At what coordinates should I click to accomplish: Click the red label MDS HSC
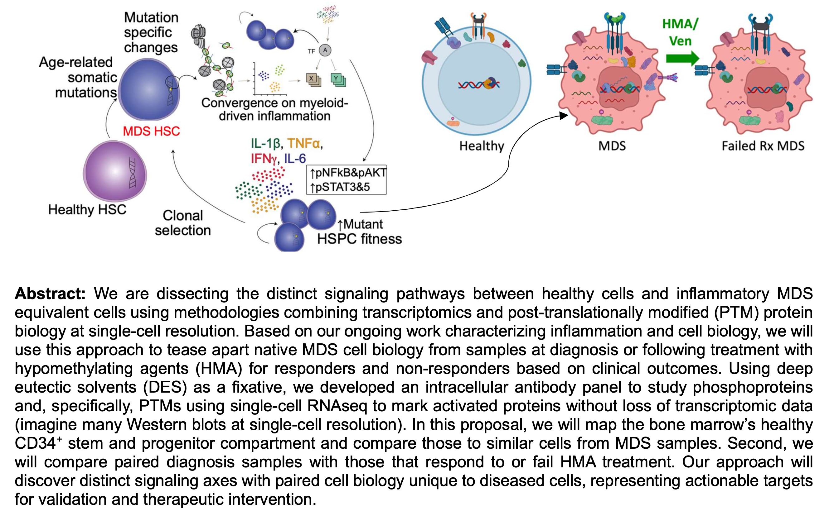click(151, 131)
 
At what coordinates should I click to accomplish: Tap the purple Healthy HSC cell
click(115, 171)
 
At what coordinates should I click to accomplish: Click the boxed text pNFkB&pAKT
click(348, 173)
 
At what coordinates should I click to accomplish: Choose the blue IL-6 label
click(295, 159)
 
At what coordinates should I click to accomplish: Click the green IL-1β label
click(266, 144)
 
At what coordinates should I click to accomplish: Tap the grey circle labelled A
click(325, 51)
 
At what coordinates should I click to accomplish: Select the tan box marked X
click(311, 79)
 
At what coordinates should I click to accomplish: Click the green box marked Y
click(336, 79)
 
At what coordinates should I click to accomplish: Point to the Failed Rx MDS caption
click(763, 146)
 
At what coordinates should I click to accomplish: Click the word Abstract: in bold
click(50, 294)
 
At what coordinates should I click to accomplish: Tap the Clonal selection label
click(183, 223)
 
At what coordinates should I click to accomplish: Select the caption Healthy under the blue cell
click(482, 146)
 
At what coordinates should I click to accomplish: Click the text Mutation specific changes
click(151, 32)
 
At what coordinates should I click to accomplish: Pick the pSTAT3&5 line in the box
click(341, 187)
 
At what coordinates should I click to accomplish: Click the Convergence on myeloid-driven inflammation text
click(274, 109)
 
